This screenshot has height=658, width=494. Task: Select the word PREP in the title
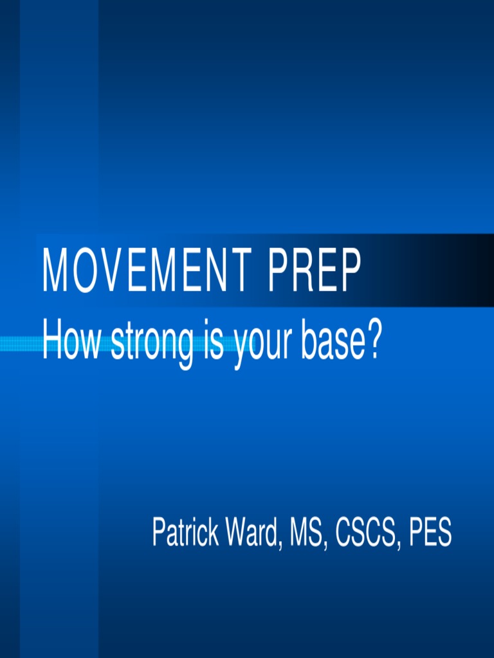[315, 271]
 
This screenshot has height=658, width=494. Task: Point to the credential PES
[429, 533]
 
